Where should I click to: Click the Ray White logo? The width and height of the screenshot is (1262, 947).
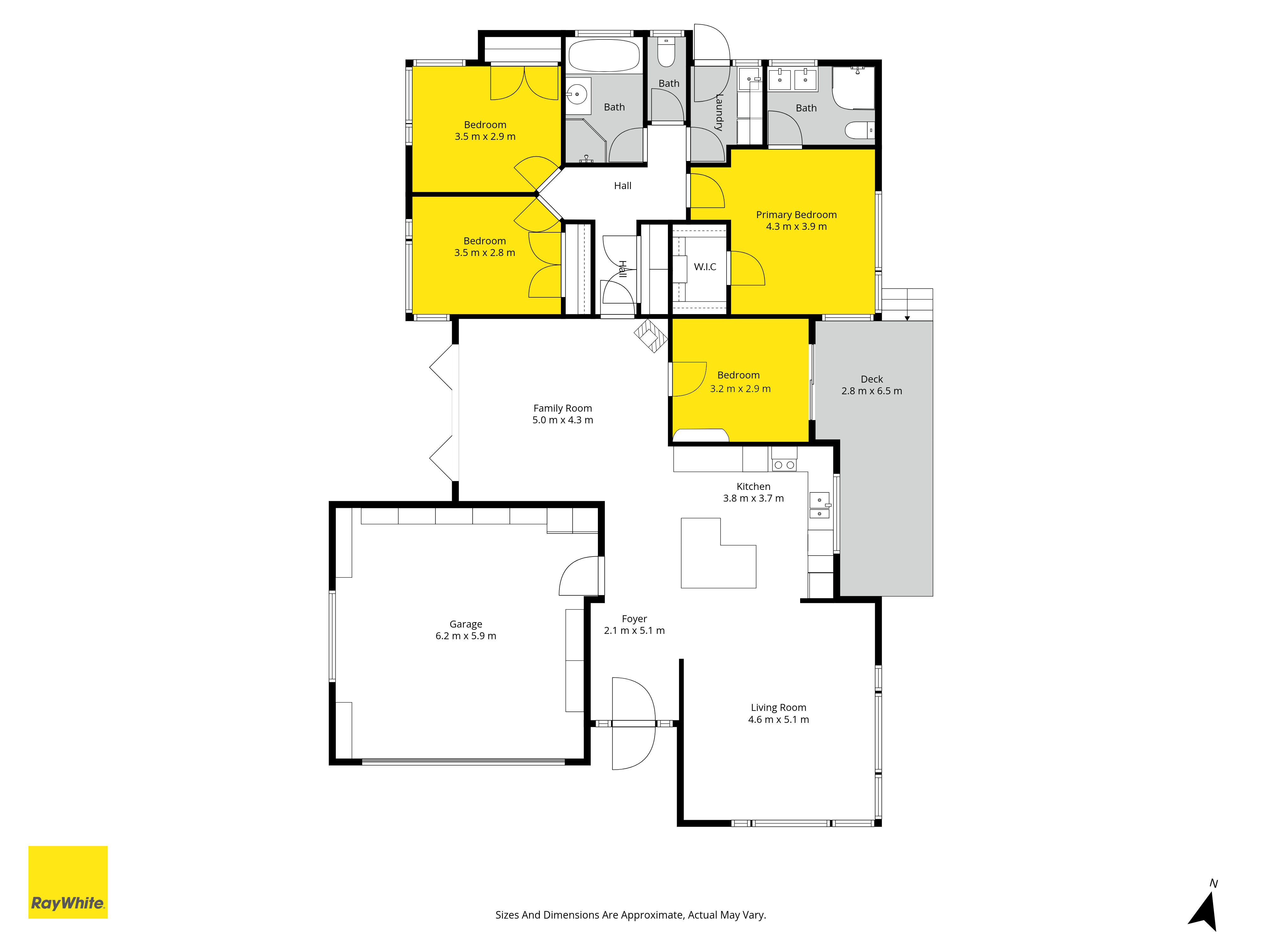68,882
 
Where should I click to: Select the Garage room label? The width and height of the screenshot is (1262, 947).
466,624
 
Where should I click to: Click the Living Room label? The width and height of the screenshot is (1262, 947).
778,707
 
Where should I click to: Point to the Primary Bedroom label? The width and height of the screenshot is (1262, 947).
796,215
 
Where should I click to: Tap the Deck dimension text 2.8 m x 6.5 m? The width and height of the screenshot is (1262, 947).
872,391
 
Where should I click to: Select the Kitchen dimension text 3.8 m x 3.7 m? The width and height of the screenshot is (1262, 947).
753,498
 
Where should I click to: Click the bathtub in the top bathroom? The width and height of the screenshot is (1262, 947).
604,55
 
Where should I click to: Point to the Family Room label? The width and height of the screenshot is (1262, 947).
563,408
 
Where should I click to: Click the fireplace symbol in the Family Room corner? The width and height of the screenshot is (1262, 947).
650,336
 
